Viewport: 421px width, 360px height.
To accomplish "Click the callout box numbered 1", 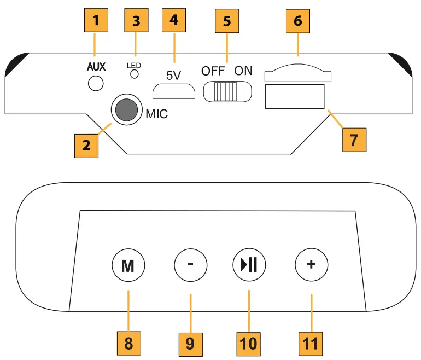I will (x=96, y=21).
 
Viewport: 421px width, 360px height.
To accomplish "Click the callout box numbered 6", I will (x=298, y=21).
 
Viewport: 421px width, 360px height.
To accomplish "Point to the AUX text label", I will (x=96, y=67).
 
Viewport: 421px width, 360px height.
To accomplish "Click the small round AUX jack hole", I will (x=96, y=83).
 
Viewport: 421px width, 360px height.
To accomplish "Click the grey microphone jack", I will (x=126, y=110).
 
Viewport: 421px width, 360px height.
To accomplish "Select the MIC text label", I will (x=157, y=115).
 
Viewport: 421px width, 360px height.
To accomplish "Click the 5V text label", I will (x=173, y=76).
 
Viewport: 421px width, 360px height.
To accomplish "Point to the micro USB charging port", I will (x=174, y=90).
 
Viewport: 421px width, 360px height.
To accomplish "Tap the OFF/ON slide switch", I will (x=227, y=91).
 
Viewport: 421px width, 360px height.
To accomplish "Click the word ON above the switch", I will (x=244, y=71).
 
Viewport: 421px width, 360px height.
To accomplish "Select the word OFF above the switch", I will (x=213, y=71).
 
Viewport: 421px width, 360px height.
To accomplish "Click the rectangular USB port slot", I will (x=295, y=96).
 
